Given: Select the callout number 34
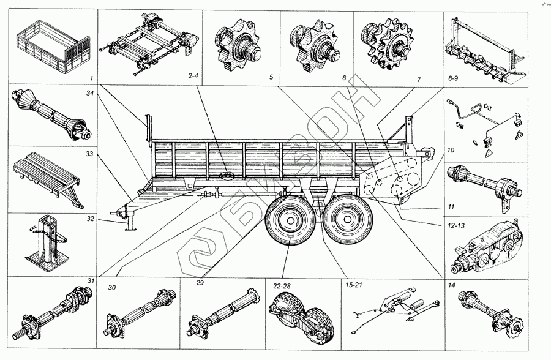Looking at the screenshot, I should click(90, 93).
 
